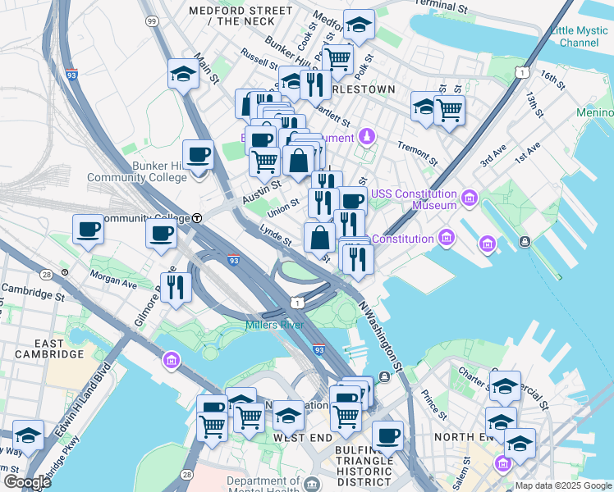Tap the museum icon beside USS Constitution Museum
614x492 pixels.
click(470, 198)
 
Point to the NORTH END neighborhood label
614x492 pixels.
click(465, 437)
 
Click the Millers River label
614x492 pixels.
click(275, 326)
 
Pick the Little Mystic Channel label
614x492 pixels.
click(575, 36)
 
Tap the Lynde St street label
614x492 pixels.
click(276, 236)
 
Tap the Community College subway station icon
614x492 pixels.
click(198, 218)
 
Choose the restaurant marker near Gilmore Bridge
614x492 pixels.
click(176, 286)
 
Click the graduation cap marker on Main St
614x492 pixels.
click(183, 75)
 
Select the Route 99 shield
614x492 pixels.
click(151, 20)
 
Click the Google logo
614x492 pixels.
click(27, 482)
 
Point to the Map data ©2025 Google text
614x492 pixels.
click(564, 485)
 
